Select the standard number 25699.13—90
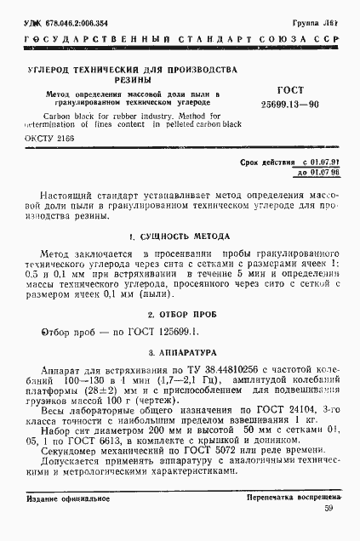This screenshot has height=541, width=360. click(x=291, y=104)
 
